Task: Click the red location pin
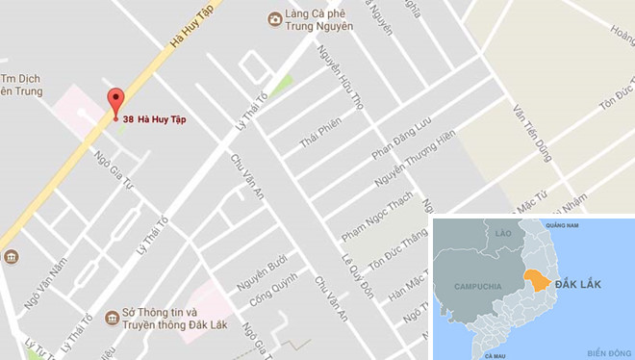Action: [115, 101]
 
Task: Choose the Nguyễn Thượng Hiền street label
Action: [413, 159]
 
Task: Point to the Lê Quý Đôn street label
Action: [352, 274]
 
